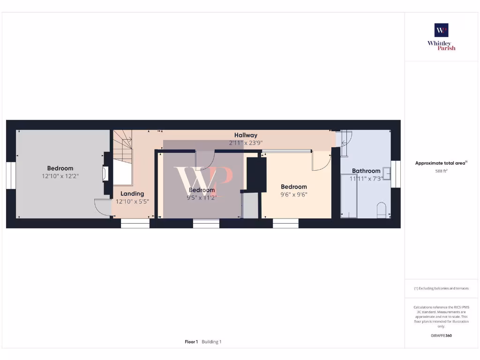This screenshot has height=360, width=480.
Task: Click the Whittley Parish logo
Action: coord(441,37)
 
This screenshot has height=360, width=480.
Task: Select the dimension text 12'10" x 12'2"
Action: coord(60,176)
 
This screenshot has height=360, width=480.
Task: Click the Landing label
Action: coord(132,194)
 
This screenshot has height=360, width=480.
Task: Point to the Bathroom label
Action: coord(366,171)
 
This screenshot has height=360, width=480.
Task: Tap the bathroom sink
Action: coord(387,173)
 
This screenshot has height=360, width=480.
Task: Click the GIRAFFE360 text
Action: coord(441,336)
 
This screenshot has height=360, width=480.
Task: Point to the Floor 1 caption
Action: coord(191,342)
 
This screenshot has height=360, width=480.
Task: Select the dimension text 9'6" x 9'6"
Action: coord(294,195)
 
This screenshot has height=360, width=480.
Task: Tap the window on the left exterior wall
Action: coord(11,175)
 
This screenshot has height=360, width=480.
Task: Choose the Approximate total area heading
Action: coord(441,163)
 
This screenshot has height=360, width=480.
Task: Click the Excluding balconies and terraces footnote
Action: coord(441,288)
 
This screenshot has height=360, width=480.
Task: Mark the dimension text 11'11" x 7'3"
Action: coord(366,179)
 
